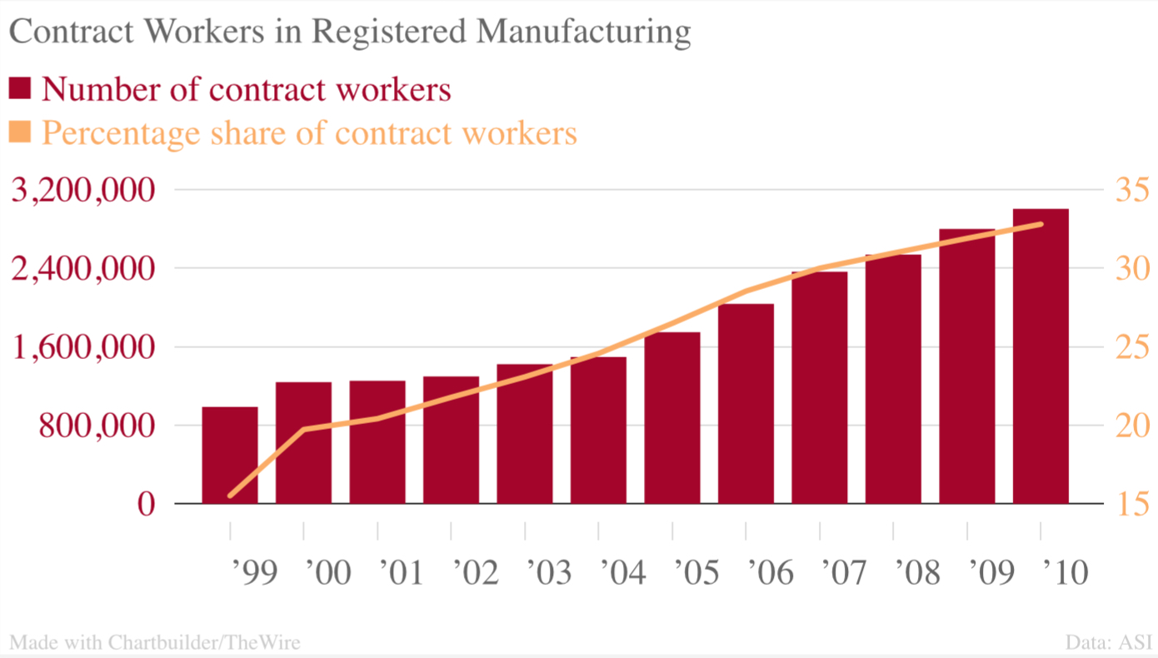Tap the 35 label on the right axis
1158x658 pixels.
coord(1131,190)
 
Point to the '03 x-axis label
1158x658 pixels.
coord(549,572)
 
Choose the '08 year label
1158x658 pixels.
coord(917,572)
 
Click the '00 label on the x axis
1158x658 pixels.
coord(328,572)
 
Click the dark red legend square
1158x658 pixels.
coord(19,88)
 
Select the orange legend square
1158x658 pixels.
coord(19,132)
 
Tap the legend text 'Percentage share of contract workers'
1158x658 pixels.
coord(309,133)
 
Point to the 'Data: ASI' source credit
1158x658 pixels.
coord(1108,642)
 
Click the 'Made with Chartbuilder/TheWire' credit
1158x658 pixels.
coord(154,642)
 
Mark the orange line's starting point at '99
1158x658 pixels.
coord(230,496)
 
